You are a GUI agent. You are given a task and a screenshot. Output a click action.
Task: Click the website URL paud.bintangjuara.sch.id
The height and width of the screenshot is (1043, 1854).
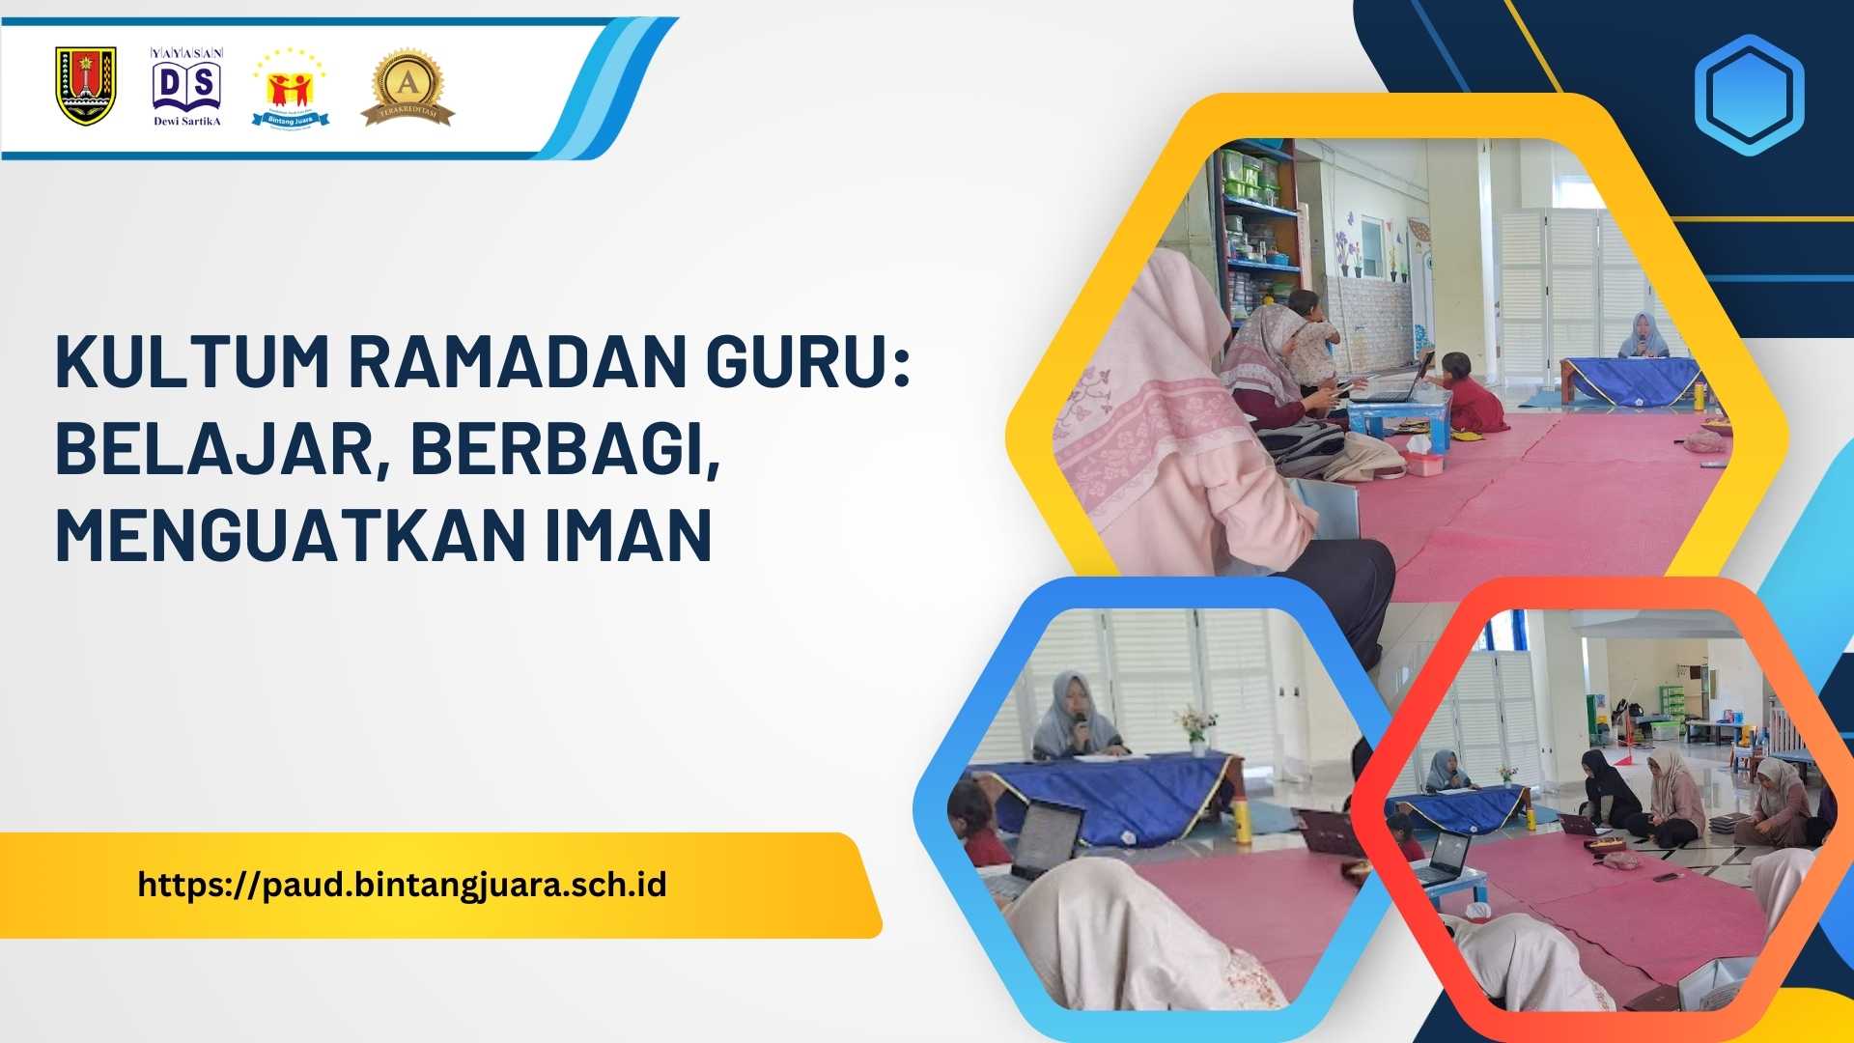point(402,885)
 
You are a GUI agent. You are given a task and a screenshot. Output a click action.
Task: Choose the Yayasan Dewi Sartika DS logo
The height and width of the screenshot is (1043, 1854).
point(187,87)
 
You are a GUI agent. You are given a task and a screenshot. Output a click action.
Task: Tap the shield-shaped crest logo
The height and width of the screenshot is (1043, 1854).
point(86,87)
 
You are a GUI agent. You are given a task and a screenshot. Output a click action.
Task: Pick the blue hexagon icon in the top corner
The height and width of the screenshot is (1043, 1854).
point(1749,95)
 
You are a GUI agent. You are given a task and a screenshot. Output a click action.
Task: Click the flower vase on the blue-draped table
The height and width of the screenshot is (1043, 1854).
point(1196,729)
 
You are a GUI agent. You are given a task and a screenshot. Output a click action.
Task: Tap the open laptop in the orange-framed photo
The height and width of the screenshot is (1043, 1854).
point(1447,857)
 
